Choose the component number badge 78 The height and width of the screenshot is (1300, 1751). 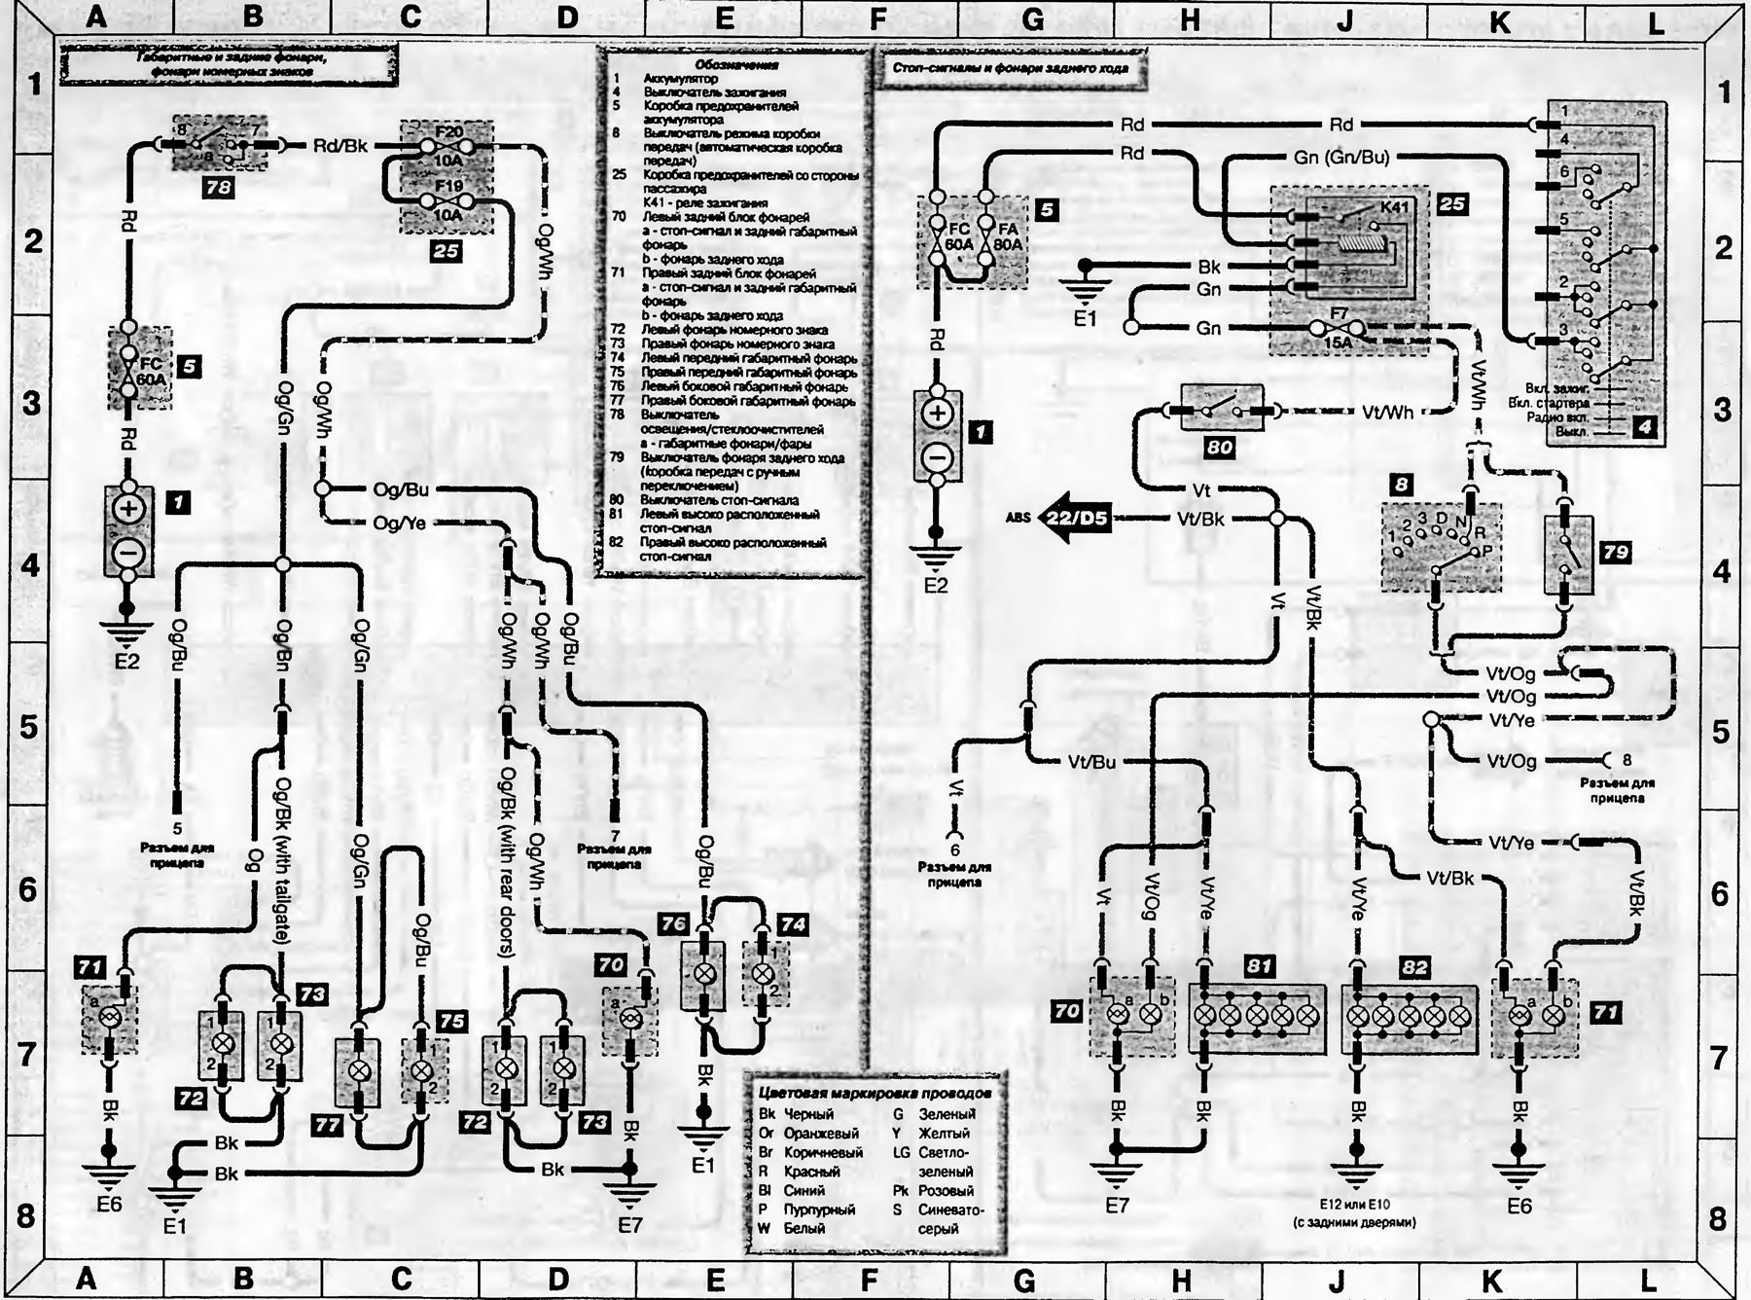(218, 186)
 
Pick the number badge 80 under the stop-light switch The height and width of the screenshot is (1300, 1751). (1219, 447)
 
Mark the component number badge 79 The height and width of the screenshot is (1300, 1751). (1615, 552)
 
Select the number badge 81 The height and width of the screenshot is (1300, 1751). (1259, 967)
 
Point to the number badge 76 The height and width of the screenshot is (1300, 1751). (674, 924)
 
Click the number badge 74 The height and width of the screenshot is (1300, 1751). (792, 924)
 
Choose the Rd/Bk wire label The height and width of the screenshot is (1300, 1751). (340, 145)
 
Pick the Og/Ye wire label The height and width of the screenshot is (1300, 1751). (400, 524)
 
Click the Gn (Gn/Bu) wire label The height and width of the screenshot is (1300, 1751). (1341, 157)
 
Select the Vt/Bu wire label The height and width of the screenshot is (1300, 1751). (1091, 762)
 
